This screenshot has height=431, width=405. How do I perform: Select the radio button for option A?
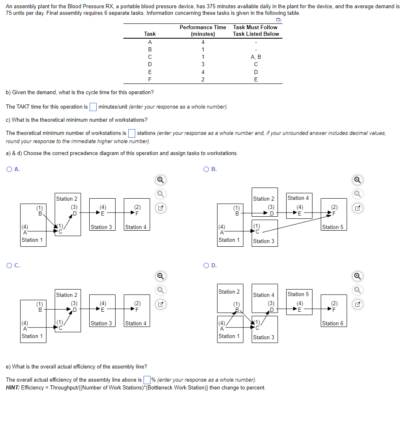pyautogui.click(x=9, y=169)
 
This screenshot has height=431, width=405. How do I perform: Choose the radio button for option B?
pyautogui.click(x=206, y=169)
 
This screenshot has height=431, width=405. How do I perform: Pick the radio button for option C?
pyautogui.click(x=9, y=265)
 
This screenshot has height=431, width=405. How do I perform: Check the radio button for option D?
pyautogui.click(x=206, y=265)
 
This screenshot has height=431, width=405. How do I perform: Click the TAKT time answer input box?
pyautogui.click(x=93, y=107)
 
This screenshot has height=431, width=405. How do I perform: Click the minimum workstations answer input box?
pyautogui.click(x=132, y=133)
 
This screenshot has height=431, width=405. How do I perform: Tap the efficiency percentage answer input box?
pyautogui.click(x=147, y=380)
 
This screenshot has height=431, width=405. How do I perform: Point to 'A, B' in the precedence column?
pyautogui.click(x=255, y=57)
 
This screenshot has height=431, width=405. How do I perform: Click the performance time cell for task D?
pyautogui.click(x=203, y=64)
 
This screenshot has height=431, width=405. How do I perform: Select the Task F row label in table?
pyautogui.click(x=150, y=79)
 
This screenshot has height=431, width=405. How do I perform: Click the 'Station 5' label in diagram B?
pyautogui.click(x=333, y=227)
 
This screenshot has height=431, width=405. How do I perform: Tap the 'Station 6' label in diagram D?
pyautogui.click(x=333, y=323)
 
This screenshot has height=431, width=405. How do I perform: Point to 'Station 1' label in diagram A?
pyautogui.click(x=32, y=240)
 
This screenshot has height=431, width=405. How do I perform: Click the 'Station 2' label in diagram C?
pyautogui.click(x=67, y=295)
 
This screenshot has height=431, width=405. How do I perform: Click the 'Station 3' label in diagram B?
pyautogui.click(x=264, y=241)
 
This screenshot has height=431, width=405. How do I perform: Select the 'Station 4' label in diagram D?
pyautogui.click(x=264, y=295)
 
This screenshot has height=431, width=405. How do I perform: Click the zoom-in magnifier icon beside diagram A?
pyautogui.click(x=161, y=180)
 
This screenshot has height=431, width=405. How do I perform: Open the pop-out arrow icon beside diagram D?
pyautogui.click(x=359, y=305)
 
